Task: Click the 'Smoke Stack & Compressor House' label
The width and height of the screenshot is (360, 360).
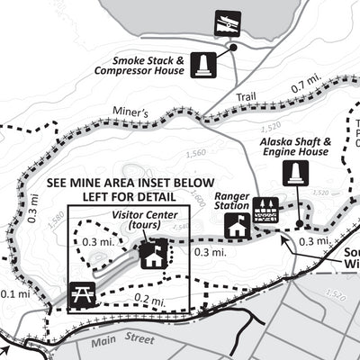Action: [142, 66]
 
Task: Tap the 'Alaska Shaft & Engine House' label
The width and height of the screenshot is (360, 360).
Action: [295, 148]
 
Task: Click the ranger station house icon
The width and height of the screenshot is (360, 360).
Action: [238, 228]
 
